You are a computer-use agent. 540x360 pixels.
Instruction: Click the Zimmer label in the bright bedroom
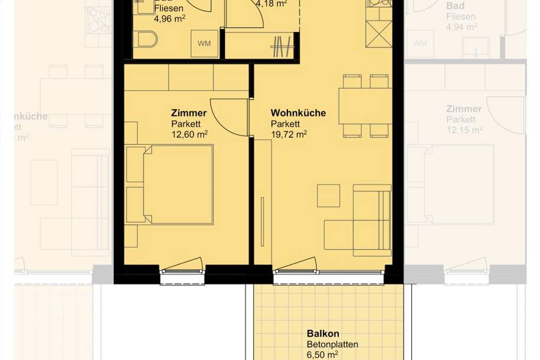189,113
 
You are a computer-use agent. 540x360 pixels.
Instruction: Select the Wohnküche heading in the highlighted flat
298,113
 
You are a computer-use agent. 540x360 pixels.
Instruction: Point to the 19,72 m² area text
289,134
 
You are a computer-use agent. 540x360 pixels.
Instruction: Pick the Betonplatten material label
332,344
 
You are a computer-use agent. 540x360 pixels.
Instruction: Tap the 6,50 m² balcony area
322,354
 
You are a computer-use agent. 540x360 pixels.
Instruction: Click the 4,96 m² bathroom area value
169,18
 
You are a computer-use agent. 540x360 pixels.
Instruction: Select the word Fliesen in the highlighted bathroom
169,8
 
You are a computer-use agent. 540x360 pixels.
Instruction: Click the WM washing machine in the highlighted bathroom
204,43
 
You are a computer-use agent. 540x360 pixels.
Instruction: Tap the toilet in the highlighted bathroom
146,40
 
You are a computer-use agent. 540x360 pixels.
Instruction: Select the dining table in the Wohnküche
364,106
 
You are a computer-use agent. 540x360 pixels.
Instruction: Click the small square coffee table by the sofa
328,195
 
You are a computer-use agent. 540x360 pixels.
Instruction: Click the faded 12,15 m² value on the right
464,130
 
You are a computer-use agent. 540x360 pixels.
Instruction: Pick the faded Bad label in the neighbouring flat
455,6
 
